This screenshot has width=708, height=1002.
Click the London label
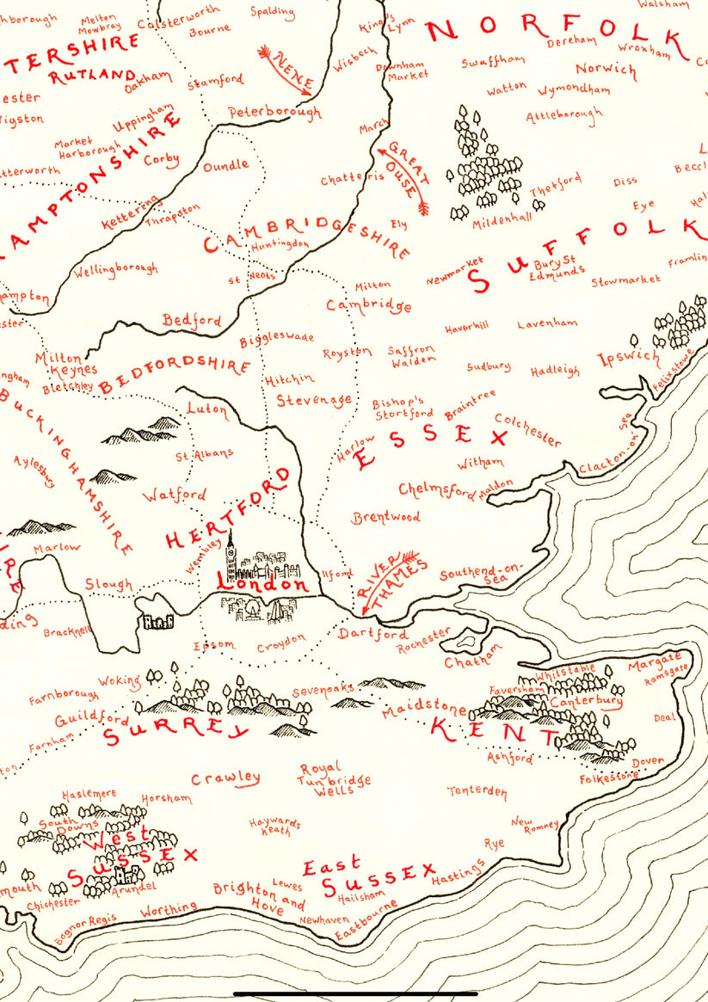pyautogui.click(x=262, y=583)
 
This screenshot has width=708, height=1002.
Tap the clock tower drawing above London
pyautogui.click(x=231, y=555)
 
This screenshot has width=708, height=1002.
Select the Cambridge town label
pyautogui.click(x=368, y=305)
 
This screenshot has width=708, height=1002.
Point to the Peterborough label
pyautogui.click(x=274, y=113)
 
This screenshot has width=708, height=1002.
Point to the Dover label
pyautogui.click(x=648, y=762)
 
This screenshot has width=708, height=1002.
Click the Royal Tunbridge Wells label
pyautogui.click(x=333, y=779)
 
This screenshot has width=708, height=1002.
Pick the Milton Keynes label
pyautogui.click(x=59, y=364)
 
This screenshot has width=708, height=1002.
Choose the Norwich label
pyautogui.click(x=606, y=69)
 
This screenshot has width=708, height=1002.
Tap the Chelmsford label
pyautogui.click(x=436, y=490)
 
